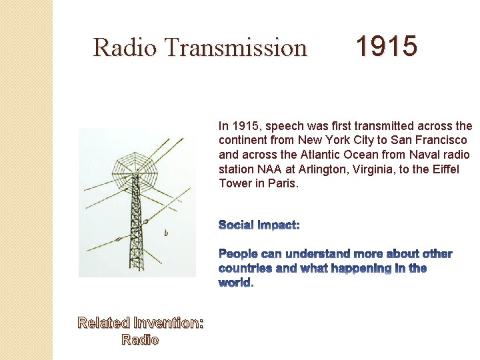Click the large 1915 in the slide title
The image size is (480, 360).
point(386,47)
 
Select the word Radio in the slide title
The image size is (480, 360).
point(125,48)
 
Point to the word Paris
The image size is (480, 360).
point(283,183)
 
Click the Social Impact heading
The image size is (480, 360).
point(259,225)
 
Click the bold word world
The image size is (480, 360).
point(235,283)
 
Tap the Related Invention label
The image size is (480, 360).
point(141,323)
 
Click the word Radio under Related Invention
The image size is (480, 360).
point(140,340)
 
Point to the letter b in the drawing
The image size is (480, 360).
point(165,233)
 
